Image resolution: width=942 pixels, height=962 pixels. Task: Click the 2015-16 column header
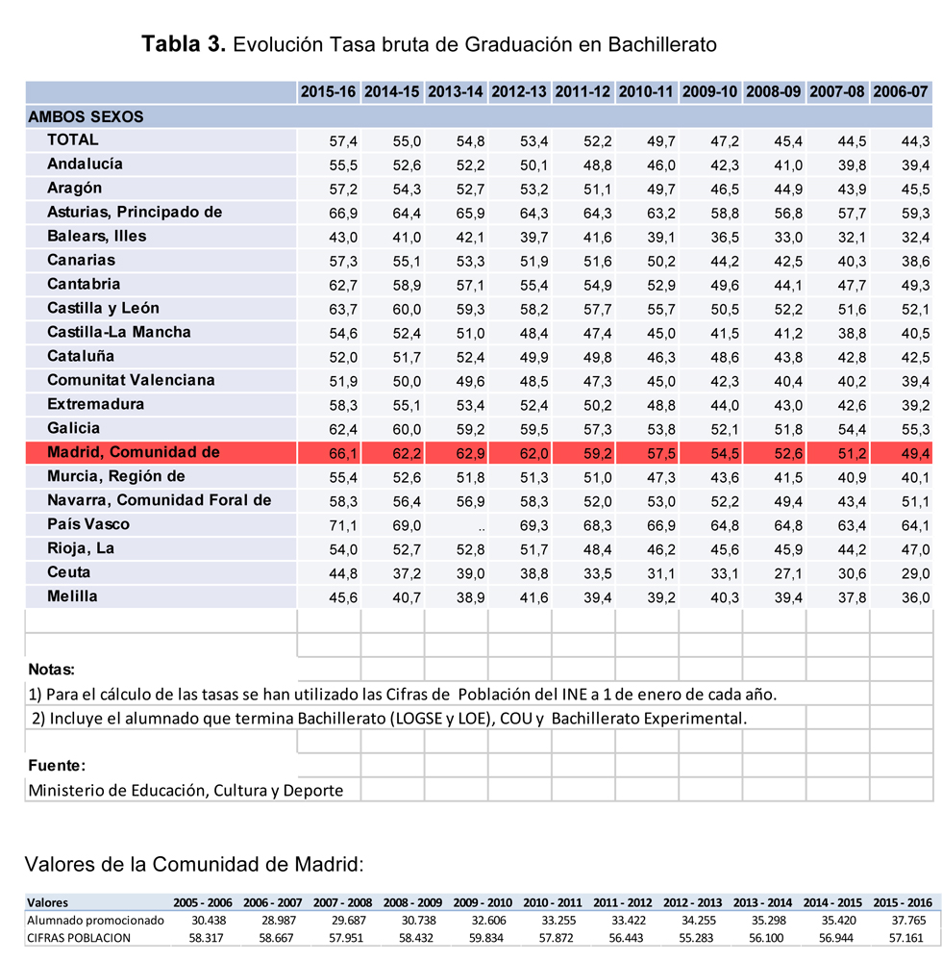click(x=328, y=92)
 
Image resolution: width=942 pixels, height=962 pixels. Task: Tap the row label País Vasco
click(x=88, y=524)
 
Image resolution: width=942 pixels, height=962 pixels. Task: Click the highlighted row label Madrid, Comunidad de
click(x=134, y=452)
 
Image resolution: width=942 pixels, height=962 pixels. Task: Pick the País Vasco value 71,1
click(x=343, y=525)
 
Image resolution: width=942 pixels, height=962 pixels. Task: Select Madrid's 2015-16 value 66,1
click(x=343, y=453)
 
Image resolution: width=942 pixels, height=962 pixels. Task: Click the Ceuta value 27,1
click(x=787, y=573)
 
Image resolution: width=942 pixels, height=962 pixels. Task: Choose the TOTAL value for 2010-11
click(x=660, y=140)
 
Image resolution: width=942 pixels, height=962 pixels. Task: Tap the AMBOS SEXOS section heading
click(x=86, y=116)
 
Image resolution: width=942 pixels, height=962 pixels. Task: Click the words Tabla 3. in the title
click(x=184, y=44)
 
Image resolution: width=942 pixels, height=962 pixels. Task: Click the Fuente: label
click(x=57, y=766)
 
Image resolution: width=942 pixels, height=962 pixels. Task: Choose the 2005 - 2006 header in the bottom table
click(x=205, y=903)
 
